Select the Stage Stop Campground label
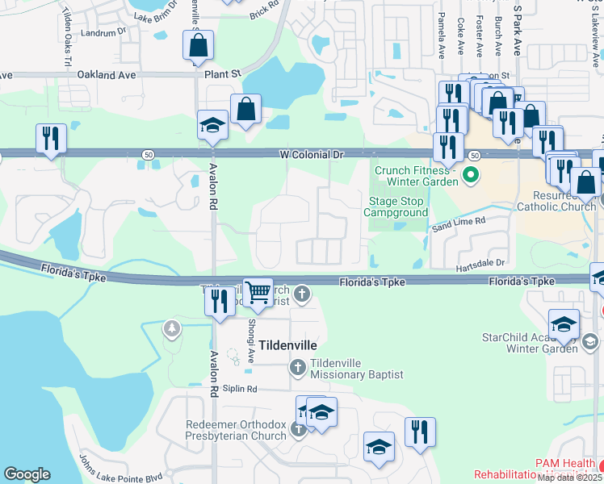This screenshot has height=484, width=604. [x=395, y=207]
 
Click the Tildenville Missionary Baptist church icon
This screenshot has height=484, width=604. [x=297, y=369]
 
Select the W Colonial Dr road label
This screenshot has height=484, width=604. [x=312, y=154]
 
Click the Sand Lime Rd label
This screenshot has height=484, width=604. [x=458, y=220]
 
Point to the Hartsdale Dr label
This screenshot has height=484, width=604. [x=480, y=263]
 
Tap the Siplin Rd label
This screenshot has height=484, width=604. [x=240, y=389]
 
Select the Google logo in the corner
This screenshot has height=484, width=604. [x=27, y=474]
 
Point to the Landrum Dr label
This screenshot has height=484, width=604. [x=104, y=32]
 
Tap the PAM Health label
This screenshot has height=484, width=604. [x=565, y=465]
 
